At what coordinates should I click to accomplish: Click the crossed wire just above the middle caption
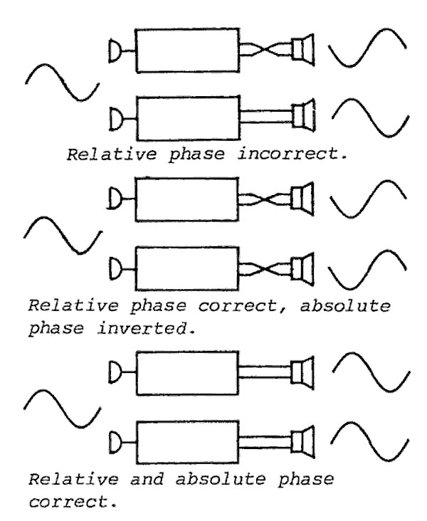click(x=264, y=271)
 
